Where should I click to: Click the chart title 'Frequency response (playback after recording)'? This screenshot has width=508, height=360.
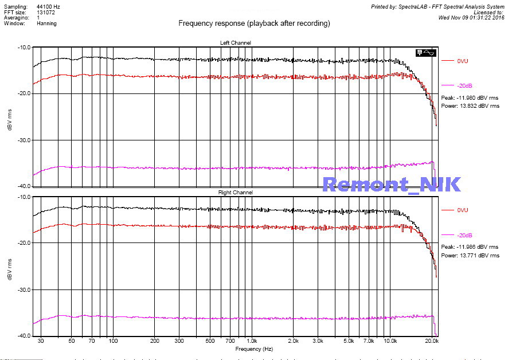(x=254, y=24)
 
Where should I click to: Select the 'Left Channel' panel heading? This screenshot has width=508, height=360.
(x=235, y=43)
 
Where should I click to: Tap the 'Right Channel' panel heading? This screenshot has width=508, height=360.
(x=235, y=193)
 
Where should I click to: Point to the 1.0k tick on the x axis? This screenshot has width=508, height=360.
(x=251, y=341)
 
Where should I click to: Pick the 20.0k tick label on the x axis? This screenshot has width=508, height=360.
(x=432, y=341)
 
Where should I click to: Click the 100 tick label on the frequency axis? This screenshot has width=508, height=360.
(x=113, y=341)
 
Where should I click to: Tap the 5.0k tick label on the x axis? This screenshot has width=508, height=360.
(x=349, y=341)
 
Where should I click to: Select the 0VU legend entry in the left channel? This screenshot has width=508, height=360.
(x=463, y=61)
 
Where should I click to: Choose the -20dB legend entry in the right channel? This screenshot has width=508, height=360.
(x=464, y=235)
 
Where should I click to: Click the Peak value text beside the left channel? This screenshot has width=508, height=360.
(x=470, y=98)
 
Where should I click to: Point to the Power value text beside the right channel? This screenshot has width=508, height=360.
(x=470, y=255)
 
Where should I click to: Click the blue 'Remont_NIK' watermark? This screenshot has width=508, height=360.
(x=391, y=184)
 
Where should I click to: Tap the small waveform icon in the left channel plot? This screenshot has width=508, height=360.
(x=426, y=53)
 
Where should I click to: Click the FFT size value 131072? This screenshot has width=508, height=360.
(x=46, y=11)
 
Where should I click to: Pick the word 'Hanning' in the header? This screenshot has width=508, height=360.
(x=47, y=24)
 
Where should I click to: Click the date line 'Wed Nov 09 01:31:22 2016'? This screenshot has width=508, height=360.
(x=471, y=17)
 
